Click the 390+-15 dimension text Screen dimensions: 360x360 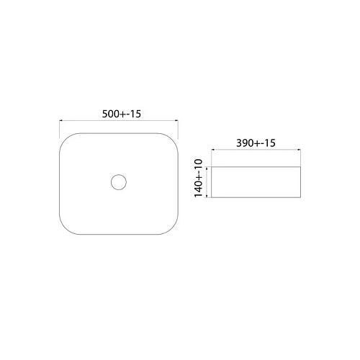pos(256,144)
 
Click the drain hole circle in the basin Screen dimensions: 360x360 pos(118,181)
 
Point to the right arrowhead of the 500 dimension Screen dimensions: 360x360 pos(176,121)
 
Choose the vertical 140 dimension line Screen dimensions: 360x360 pos(208,181)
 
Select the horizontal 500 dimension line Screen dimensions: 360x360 pos(118,121)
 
